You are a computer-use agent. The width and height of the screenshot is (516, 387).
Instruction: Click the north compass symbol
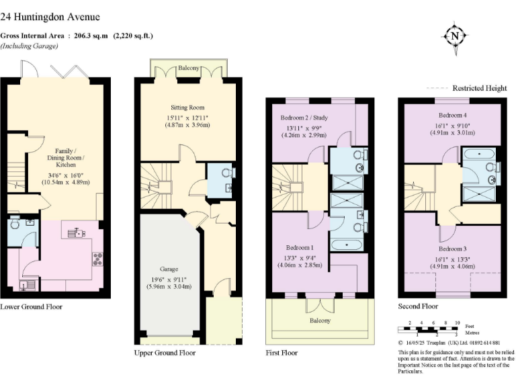coord(455,36)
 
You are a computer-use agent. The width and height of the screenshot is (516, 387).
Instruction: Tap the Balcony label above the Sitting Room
coord(188,68)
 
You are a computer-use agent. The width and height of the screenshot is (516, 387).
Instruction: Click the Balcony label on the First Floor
coord(320,320)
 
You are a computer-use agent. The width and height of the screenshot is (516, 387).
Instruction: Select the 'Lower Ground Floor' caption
coord(32,306)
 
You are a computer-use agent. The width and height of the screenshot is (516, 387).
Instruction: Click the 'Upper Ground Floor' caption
coord(165,352)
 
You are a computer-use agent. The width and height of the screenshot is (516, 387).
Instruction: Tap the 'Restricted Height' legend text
coord(480,88)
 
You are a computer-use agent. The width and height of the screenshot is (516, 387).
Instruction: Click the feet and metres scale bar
coord(431,328)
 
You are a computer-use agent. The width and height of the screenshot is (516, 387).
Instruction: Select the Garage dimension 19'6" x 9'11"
coord(168,282)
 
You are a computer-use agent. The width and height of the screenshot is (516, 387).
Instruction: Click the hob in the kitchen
coord(97,259)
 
